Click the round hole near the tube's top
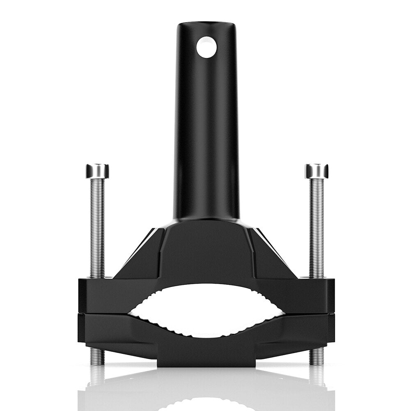pos(206,47)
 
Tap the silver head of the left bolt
pos(97,171)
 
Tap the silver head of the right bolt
pos(316,171)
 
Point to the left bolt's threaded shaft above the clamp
pos(97,226)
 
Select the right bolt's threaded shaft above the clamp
pos(316,226)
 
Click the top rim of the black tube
pos(207,24)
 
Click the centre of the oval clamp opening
pos(207,311)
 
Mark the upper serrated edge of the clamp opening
pos(207,287)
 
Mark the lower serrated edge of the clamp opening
pos(207,335)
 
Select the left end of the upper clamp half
pos(88,296)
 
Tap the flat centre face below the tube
pos(207,246)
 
